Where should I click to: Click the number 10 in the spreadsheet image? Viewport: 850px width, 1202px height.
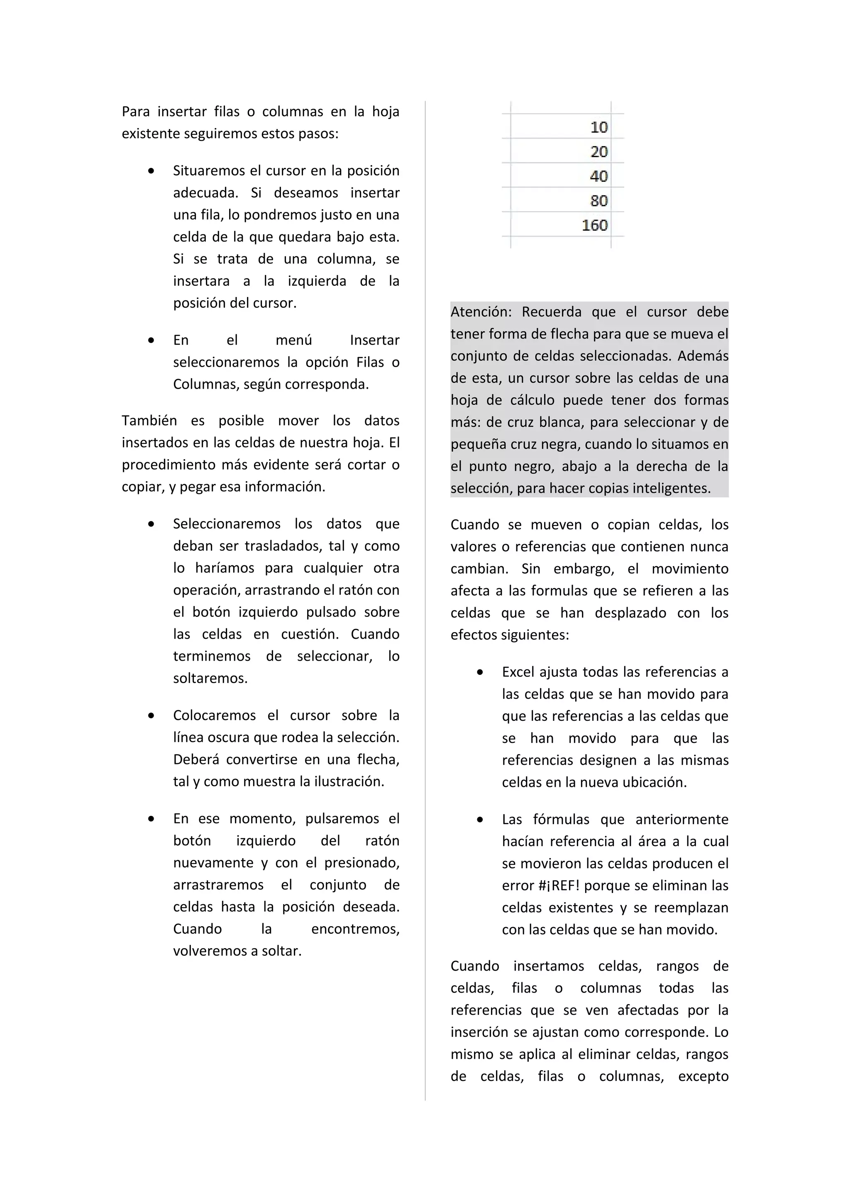pos(598,127)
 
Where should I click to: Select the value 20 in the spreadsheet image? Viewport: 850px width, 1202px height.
pos(598,152)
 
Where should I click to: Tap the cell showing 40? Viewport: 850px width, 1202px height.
pos(598,176)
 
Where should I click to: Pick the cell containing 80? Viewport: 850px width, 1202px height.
pos(598,201)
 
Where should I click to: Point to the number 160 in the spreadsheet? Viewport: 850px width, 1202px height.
pos(594,226)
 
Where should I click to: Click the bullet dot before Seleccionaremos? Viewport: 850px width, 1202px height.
pos(151,523)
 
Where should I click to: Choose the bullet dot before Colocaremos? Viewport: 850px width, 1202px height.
pos(151,715)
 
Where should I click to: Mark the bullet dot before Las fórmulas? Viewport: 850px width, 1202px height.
pos(480,819)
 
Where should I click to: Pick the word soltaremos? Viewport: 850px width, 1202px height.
pos(210,679)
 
